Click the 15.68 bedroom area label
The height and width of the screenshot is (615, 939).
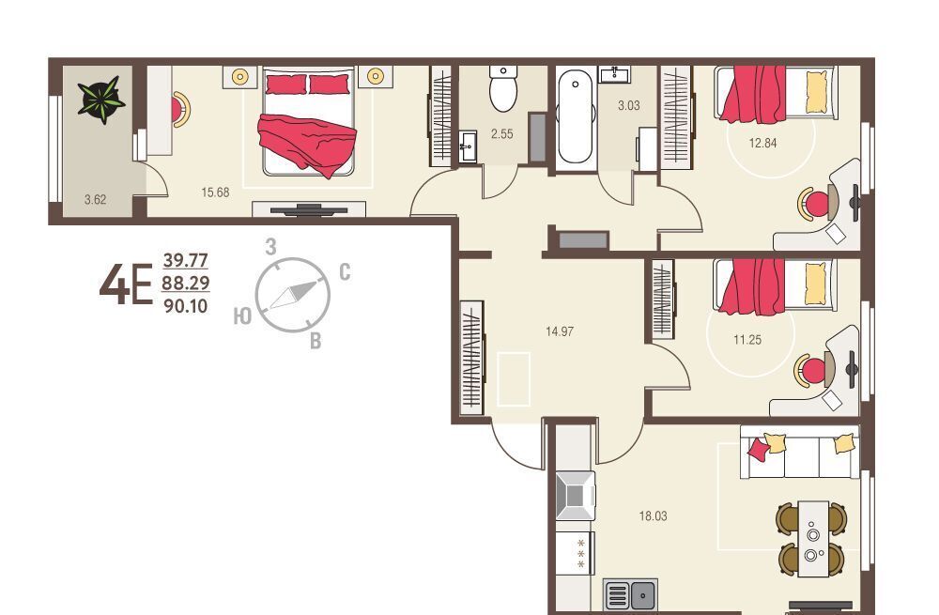pos(215,192)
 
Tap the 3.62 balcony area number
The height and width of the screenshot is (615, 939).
pos(95,200)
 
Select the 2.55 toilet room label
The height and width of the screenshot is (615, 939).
pos(501,134)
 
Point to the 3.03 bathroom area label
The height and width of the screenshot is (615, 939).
pos(629,106)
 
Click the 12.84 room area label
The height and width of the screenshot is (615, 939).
pos(762,143)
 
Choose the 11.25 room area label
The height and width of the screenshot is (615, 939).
pos(747,340)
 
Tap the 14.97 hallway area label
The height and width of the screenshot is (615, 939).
pos(560,331)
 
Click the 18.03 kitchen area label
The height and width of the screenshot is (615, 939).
pos(653,516)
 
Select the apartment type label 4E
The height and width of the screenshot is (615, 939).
pos(126,285)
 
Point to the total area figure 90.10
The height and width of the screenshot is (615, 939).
pos(186,306)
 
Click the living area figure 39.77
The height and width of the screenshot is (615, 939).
pos(186,260)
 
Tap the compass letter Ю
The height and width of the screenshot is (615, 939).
pos(242,316)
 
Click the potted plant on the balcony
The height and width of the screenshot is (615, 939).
pos(101,100)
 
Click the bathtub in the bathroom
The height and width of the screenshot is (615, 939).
pos(575,116)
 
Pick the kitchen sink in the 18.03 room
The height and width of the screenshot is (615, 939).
pos(630,594)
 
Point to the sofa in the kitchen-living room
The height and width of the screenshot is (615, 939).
pos(799,453)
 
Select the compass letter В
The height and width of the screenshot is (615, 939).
pos(316,341)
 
